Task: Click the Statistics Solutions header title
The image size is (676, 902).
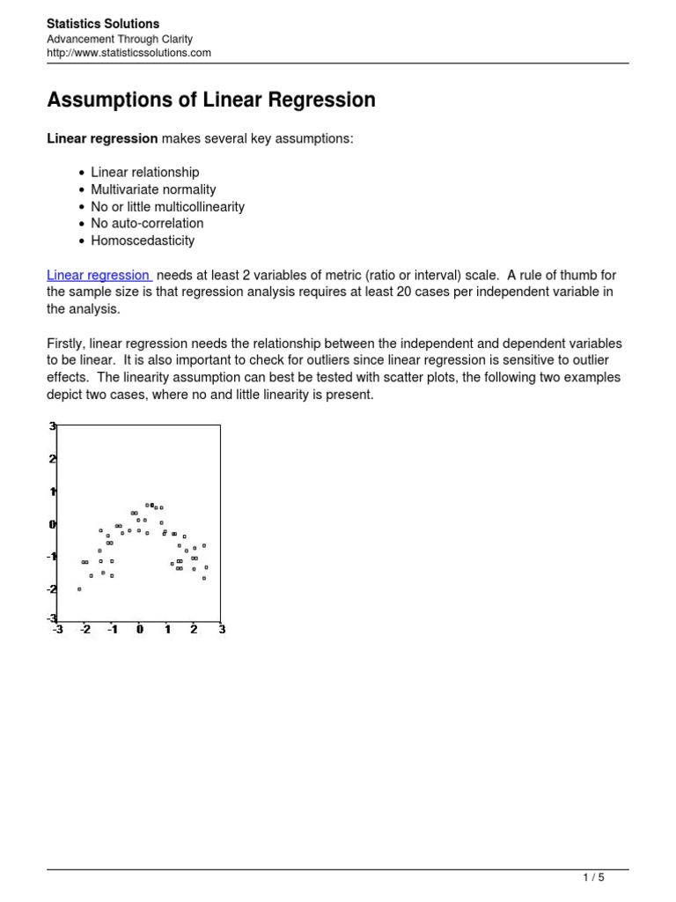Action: pyautogui.click(x=103, y=24)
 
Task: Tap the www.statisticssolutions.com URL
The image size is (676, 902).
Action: pyautogui.click(x=129, y=53)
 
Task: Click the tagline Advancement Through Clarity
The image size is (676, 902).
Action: pyautogui.click(x=119, y=39)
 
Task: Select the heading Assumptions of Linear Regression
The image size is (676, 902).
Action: pyautogui.click(x=211, y=100)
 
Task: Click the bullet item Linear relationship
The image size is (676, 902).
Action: pyautogui.click(x=145, y=173)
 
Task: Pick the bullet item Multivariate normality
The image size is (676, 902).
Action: pyautogui.click(x=153, y=189)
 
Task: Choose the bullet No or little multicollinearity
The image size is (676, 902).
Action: pyautogui.click(x=167, y=207)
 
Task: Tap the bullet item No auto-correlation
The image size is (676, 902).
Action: pyautogui.click(x=147, y=224)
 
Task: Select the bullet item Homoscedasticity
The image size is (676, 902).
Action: pyautogui.click(x=143, y=240)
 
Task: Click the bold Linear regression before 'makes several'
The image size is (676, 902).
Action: pyautogui.click(x=102, y=139)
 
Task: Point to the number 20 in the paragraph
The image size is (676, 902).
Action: pyautogui.click(x=405, y=292)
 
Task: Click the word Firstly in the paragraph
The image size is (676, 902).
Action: pyautogui.click(x=67, y=344)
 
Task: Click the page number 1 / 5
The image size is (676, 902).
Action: pyautogui.click(x=593, y=877)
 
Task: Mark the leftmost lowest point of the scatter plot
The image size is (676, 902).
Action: pyautogui.click(x=79, y=588)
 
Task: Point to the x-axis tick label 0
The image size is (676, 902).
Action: pyautogui.click(x=139, y=630)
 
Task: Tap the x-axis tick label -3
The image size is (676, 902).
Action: pyautogui.click(x=57, y=630)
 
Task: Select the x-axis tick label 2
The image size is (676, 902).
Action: pyautogui.click(x=194, y=630)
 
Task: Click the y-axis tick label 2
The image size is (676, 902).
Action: pyautogui.click(x=53, y=459)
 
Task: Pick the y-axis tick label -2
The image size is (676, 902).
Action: pyautogui.click(x=52, y=588)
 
